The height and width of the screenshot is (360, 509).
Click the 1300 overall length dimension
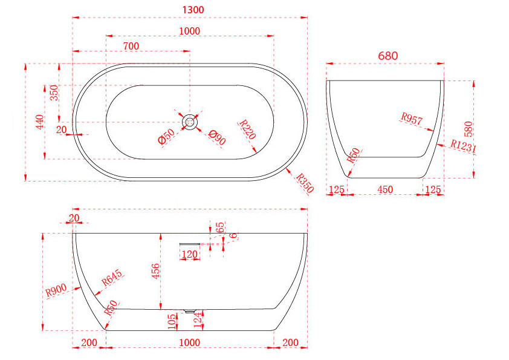click(x=193, y=10)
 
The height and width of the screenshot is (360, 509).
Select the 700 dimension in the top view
click(x=131, y=46)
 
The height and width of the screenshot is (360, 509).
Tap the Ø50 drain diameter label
click(x=166, y=136)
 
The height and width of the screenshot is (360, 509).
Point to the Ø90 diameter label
click(x=217, y=137)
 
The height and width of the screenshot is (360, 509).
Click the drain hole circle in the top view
click(x=190, y=122)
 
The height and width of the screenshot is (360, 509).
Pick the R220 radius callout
click(x=248, y=129)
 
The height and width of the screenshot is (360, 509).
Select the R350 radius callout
click(x=305, y=183)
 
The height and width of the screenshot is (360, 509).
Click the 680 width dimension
click(x=388, y=56)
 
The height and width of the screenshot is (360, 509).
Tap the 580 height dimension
click(x=468, y=129)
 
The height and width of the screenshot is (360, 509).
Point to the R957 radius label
click(x=412, y=119)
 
